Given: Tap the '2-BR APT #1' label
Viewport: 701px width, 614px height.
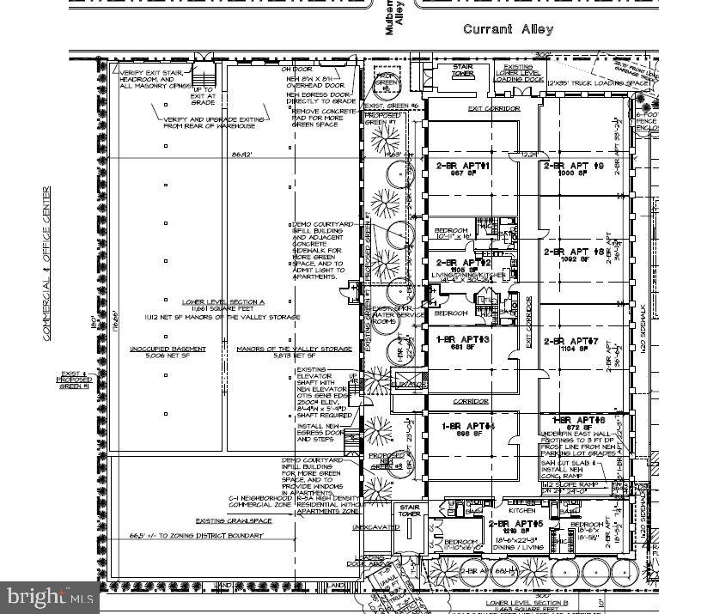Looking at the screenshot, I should (463, 165).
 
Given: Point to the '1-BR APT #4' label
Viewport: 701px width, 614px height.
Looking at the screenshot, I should (468, 426).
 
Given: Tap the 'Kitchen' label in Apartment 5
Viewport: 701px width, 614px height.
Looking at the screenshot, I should (521, 509).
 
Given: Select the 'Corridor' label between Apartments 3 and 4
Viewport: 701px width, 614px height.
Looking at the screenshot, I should (471, 401).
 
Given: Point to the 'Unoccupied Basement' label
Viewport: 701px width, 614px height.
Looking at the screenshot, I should (155, 349).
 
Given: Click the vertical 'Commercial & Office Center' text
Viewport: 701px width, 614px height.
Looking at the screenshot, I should (47, 263).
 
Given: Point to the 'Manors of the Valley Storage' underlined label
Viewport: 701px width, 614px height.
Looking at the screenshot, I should (294, 349).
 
